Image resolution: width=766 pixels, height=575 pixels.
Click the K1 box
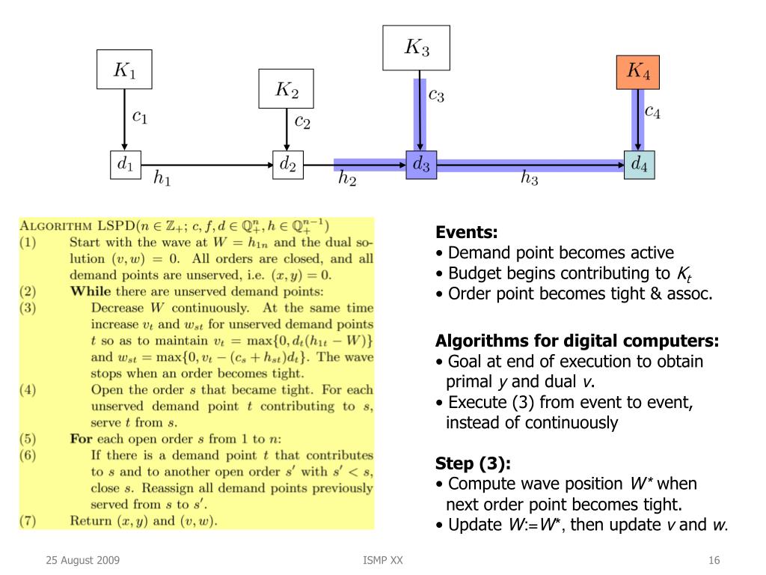click(124, 70)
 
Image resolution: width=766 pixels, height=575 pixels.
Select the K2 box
click(286, 89)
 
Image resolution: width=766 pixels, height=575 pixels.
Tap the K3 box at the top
click(416, 48)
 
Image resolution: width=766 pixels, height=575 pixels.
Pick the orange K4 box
click(637, 71)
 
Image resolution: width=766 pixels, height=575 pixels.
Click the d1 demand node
click(125, 164)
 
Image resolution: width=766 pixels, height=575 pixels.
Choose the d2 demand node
click(287, 164)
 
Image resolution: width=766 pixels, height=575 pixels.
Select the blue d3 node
click(421, 164)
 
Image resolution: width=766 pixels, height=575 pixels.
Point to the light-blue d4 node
click(639, 164)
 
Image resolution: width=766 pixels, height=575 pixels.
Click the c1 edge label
click(140, 117)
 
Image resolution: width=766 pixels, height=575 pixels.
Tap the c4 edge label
click(652, 112)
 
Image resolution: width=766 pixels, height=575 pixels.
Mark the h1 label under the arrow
click(162, 179)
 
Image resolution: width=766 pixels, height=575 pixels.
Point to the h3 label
click(529, 179)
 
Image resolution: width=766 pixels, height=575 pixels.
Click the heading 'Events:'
click(466, 232)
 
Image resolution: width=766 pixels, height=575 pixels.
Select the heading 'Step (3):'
click(468, 463)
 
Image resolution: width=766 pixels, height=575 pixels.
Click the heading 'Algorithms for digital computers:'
click(577, 341)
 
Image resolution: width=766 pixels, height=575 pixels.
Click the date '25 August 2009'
click(82, 561)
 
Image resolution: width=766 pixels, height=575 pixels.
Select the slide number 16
click(714, 561)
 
